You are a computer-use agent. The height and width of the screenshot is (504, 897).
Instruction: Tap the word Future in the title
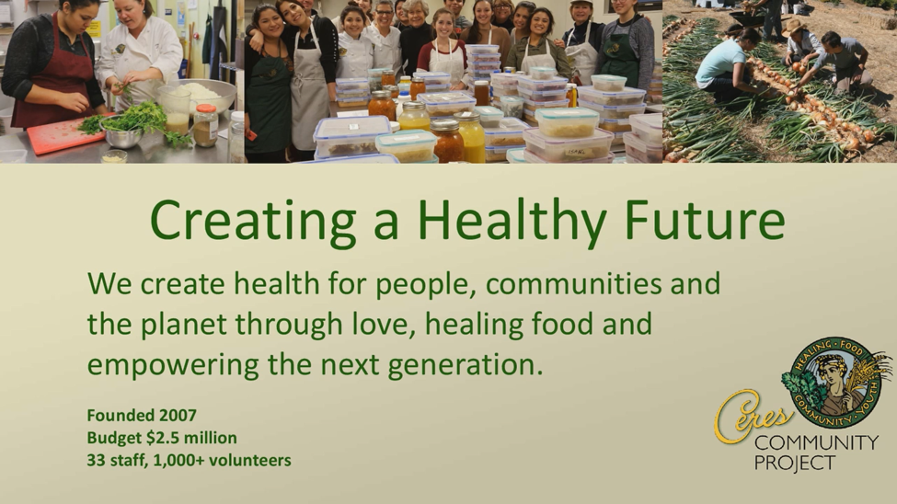pyautogui.click(x=704, y=220)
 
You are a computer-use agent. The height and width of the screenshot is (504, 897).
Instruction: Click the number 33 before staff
pyautogui.click(x=96, y=461)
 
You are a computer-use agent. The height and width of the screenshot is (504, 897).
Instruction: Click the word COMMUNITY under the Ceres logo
pyautogui.click(x=816, y=442)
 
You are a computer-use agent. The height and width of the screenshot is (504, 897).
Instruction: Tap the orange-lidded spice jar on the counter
pyautogui.click(x=205, y=124)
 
